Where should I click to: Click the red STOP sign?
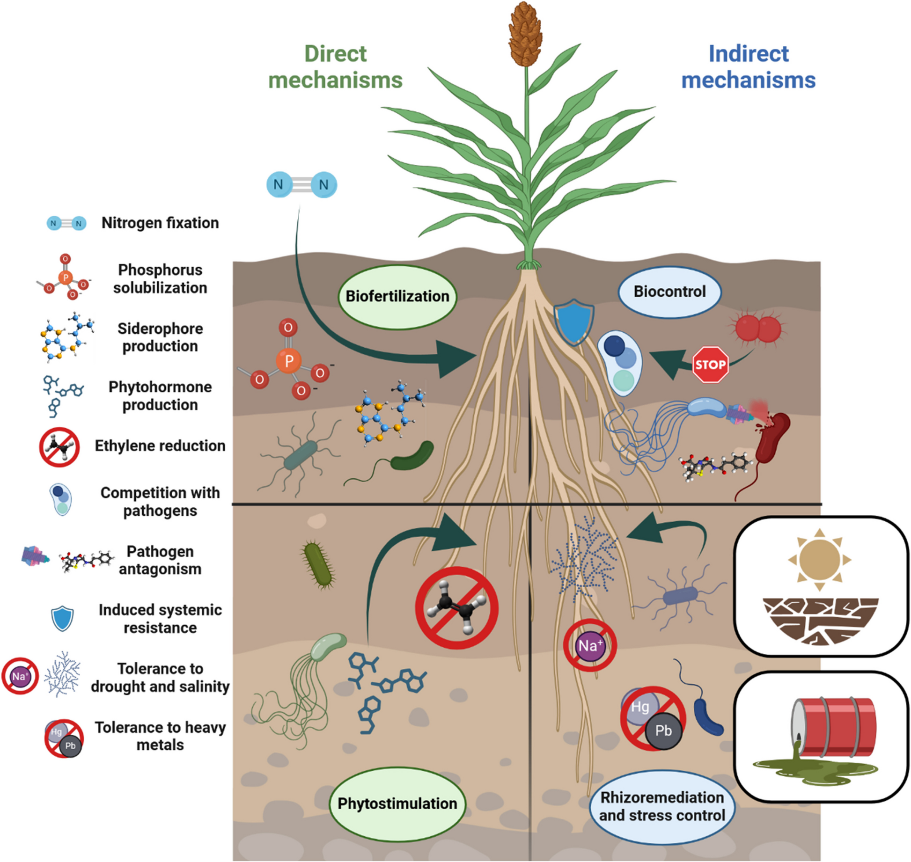point(710,365)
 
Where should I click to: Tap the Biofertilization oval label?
point(397,296)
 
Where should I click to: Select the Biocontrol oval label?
point(669,292)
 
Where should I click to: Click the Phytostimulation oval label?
point(397,804)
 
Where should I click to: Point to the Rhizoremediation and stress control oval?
point(662,806)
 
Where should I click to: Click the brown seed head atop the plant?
point(526,35)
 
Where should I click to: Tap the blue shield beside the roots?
point(574,323)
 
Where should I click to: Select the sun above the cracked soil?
point(819,559)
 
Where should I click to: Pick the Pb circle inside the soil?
point(663,731)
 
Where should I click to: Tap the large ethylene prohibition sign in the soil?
point(456,608)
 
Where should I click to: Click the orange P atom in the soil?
point(289,360)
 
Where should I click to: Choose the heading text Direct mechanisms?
point(335,67)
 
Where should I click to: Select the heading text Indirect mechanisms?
point(748,67)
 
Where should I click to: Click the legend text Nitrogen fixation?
point(160,223)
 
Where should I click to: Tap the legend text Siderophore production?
point(160,337)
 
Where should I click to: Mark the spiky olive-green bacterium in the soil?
point(319,564)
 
